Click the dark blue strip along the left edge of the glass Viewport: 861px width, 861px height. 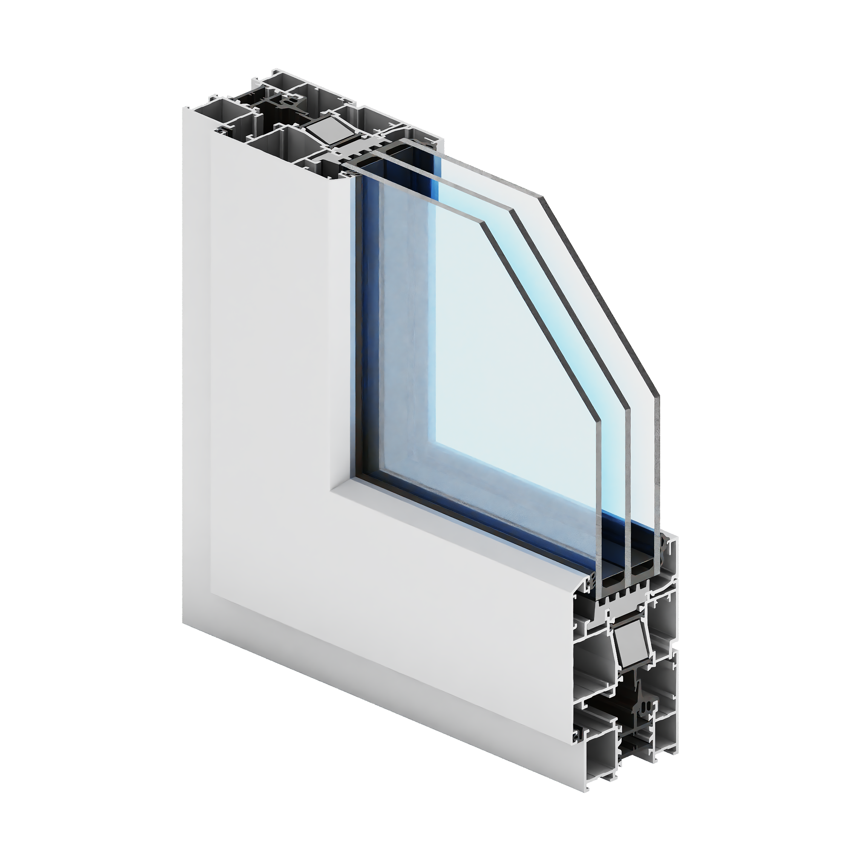click(x=359, y=312)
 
